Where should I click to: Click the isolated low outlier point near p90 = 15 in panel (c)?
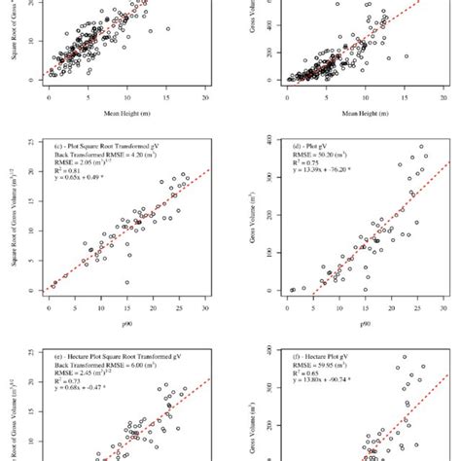[127, 282]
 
